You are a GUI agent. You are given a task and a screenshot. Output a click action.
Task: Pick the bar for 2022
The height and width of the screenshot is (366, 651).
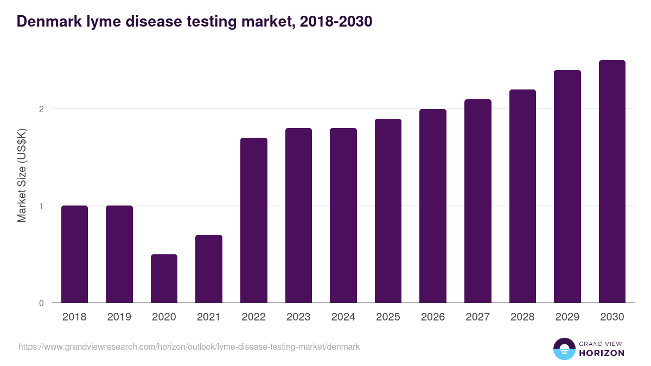pyautogui.click(x=253, y=220)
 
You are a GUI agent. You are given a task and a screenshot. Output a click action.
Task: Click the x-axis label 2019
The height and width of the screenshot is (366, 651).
pyautogui.click(x=119, y=317)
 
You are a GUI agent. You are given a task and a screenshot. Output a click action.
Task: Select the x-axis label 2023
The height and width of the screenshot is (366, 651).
pyautogui.click(x=298, y=317)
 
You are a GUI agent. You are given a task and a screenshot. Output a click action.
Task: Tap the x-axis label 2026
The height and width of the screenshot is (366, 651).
pyautogui.click(x=433, y=317)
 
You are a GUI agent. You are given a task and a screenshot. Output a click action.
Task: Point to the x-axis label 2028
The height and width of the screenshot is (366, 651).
pyautogui.click(x=522, y=317)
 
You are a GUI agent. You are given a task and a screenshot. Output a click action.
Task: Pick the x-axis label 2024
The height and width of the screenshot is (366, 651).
pyautogui.click(x=343, y=317)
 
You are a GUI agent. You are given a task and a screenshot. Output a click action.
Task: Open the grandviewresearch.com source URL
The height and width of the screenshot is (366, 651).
pyautogui.click(x=189, y=346)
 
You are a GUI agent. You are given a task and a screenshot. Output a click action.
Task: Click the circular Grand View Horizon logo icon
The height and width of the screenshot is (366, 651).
pyautogui.click(x=564, y=349)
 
